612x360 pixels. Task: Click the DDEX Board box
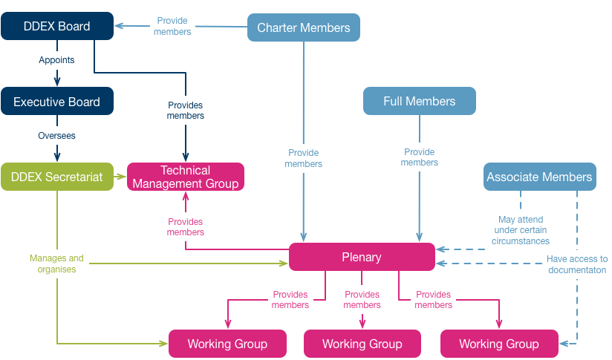57,26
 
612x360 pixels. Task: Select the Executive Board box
57,102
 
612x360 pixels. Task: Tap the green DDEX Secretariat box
57,177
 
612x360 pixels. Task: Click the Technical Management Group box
185,177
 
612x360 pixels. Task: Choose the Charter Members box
303,27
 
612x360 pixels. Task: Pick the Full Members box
419,101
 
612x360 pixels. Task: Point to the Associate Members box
539,177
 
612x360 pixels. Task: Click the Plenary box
361,257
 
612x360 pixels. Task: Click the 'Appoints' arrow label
57,59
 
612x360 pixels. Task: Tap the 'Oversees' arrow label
57,136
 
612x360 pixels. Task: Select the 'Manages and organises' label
57,264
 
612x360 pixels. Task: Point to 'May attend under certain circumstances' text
521,230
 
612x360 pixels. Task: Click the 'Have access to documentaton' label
577,264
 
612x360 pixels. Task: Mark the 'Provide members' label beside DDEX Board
173,26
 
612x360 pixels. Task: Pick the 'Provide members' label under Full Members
420,157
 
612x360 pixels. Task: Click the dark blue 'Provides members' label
185,111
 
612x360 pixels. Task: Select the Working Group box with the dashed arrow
499,344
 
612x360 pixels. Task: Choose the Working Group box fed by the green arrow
227,344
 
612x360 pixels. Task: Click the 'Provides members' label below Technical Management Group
185,226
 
